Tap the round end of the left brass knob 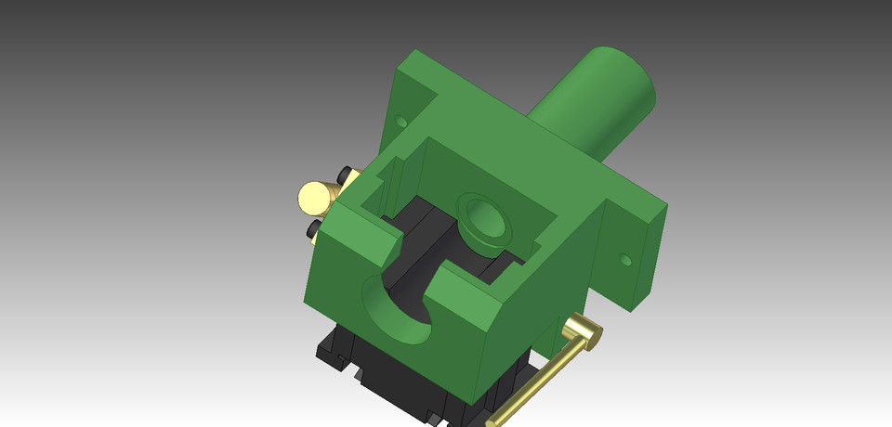coord(313,196)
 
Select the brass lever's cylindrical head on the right coord(583,330)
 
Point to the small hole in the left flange coord(401,121)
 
